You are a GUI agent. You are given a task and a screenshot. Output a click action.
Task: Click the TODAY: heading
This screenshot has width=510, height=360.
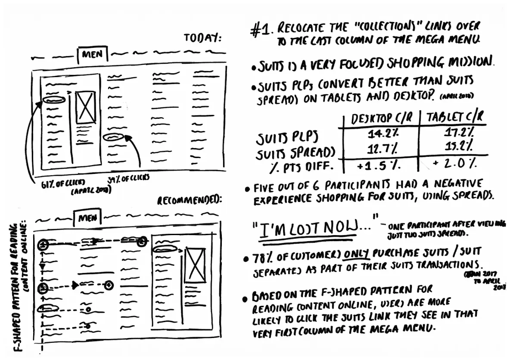tap(202, 38)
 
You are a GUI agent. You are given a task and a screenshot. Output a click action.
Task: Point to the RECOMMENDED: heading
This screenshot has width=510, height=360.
tap(190, 201)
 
